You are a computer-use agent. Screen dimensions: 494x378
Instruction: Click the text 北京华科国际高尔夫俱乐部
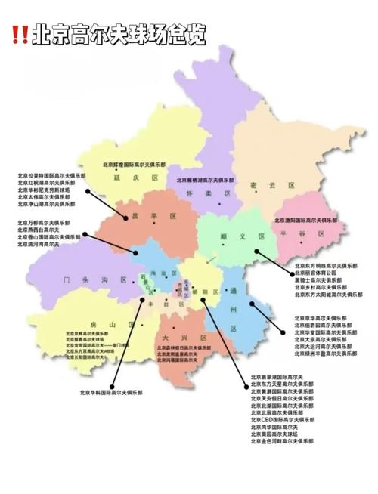[x=112, y=393]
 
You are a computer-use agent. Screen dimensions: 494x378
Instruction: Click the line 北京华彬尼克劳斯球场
[x=46, y=190]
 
